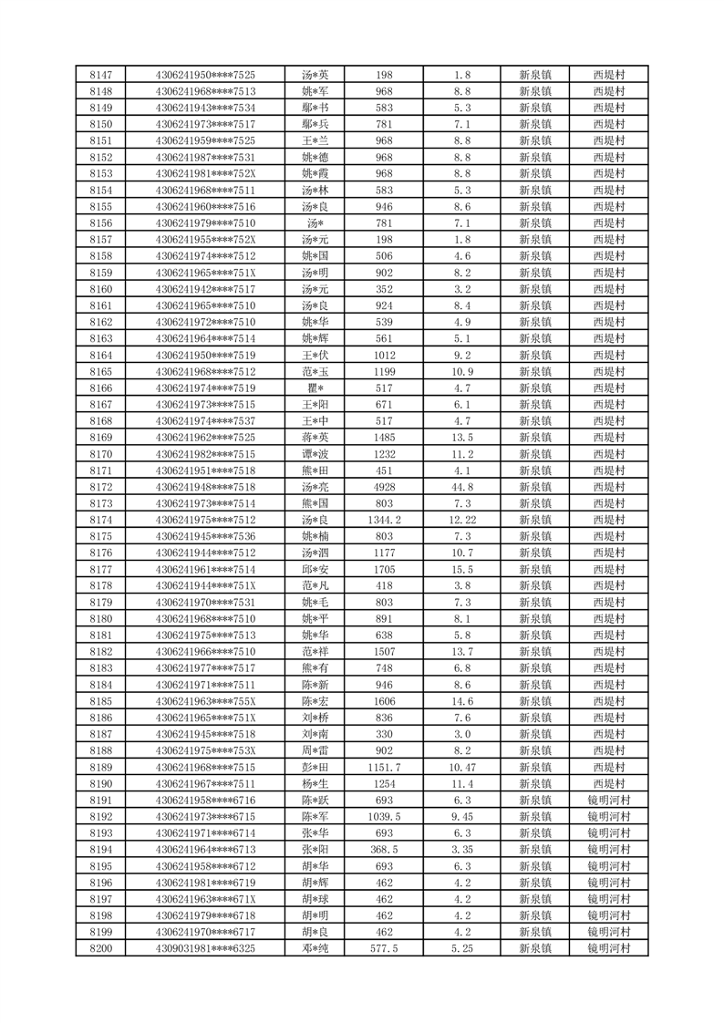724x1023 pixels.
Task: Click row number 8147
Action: pyautogui.click(x=102, y=75)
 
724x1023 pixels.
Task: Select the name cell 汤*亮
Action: pyautogui.click(x=315, y=487)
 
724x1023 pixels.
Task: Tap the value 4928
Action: pyautogui.click(x=384, y=487)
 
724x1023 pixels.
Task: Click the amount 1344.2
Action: pyautogui.click(x=384, y=520)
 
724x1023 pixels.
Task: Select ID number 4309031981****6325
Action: pyautogui.click(x=206, y=948)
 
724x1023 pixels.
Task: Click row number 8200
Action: pyautogui.click(x=102, y=948)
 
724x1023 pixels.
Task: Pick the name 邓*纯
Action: pyautogui.click(x=315, y=948)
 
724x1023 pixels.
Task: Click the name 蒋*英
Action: pyautogui.click(x=315, y=438)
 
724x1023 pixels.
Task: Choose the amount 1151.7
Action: pyautogui.click(x=384, y=767)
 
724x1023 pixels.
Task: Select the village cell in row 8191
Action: pyautogui.click(x=609, y=800)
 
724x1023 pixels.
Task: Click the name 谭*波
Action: pyautogui.click(x=315, y=454)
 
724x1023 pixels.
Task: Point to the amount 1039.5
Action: pyautogui.click(x=384, y=816)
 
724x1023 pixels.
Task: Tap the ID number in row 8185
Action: pyautogui.click(x=206, y=701)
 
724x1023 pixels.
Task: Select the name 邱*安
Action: pyautogui.click(x=315, y=569)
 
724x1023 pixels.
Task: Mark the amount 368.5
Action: pyautogui.click(x=384, y=849)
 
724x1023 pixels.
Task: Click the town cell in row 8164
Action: pyautogui.click(x=534, y=355)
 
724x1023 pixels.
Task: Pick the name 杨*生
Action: pyautogui.click(x=315, y=783)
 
